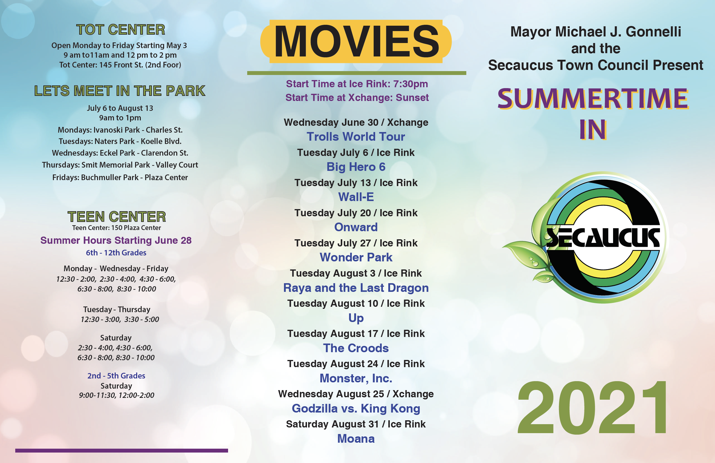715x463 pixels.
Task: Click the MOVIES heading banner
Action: point(356,41)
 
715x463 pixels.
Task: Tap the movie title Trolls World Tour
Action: point(356,137)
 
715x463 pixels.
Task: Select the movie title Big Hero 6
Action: point(356,167)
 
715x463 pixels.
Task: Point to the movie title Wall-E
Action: point(356,197)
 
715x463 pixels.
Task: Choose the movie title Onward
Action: point(356,227)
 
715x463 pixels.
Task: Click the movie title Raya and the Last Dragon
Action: point(356,288)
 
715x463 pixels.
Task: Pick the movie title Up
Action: point(356,318)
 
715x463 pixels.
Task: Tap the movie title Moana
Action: point(356,439)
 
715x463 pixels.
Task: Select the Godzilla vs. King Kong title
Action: point(356,409)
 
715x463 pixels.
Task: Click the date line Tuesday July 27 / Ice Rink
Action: point(356,243)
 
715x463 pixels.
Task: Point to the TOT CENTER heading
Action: point(121,30)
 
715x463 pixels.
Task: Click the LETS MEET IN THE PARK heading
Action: point(120,91)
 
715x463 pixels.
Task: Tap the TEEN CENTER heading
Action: point(117,217)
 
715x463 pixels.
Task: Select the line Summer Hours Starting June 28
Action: point(116,240)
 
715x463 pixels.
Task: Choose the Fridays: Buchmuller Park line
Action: point(120,178)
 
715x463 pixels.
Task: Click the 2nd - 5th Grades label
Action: point(116,375)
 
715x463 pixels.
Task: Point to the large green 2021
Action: point(592,407)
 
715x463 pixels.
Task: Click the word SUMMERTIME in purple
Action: point(593,99)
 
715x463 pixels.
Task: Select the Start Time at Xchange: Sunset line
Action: point(357,98)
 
